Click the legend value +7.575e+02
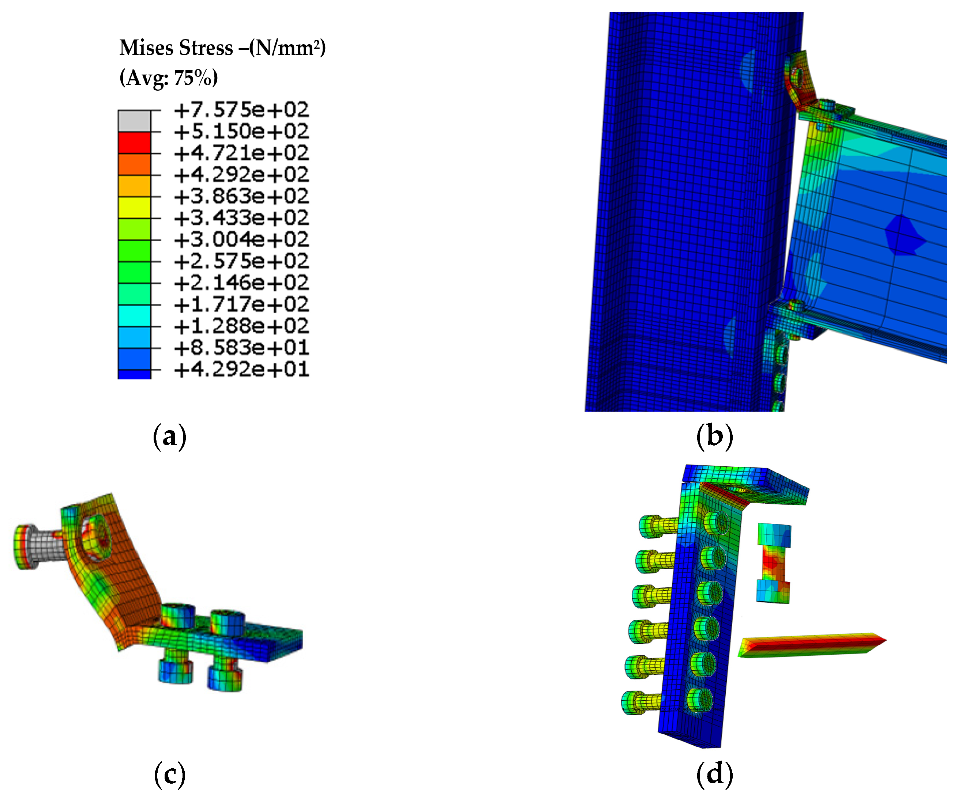click(241, 110)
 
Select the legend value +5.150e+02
click(241, 131)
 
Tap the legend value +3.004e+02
click(241, 239)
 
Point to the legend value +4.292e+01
click(241, 369)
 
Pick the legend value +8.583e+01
click(241, 348)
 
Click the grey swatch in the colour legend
click(135, 121)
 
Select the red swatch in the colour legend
click(135, 143)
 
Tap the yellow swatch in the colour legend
click(135, 208)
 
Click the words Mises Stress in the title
click(176, 48)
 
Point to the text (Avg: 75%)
click(169, 77)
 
